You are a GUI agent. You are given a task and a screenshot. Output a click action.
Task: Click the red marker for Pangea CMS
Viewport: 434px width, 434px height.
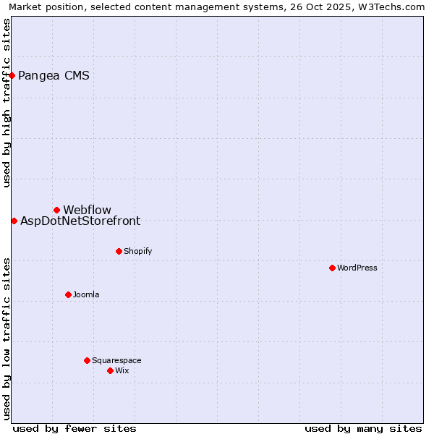(12, 75)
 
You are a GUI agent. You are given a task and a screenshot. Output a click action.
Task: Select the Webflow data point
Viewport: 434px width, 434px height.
(56, 210)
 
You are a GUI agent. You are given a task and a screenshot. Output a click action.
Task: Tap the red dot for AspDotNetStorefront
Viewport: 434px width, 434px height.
(14, 221)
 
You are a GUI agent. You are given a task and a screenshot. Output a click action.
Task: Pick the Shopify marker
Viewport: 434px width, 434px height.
(119, 251)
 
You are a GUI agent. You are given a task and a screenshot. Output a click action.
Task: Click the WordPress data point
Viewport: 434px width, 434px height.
(332, 268)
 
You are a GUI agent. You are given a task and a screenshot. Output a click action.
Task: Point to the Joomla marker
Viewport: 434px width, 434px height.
(68, 294)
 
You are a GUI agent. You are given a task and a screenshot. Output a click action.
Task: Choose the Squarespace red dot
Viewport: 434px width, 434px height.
(87, 360)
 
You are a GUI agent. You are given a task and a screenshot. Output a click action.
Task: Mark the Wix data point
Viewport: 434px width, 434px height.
(110, 370)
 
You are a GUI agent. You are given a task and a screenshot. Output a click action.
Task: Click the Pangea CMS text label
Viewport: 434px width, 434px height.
(54, 75)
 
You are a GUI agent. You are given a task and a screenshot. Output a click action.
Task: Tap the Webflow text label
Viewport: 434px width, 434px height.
(87, 210)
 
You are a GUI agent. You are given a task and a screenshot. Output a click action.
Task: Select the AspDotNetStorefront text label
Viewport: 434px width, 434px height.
(80, 221)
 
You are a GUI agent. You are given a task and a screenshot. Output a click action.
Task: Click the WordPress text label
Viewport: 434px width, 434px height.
(357, 268)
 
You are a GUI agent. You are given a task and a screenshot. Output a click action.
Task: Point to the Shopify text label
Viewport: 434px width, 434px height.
(137, 251)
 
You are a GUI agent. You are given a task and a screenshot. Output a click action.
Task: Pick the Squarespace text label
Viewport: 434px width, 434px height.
(116, 360)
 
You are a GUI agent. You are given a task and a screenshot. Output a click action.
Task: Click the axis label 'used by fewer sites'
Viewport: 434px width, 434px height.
(75, 428)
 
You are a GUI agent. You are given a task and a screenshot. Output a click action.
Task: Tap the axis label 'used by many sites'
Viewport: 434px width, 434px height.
(363, 428)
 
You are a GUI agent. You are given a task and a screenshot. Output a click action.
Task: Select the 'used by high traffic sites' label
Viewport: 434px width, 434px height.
(7, 103)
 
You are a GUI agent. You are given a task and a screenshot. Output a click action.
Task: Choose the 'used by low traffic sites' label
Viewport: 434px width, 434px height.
(7, 339)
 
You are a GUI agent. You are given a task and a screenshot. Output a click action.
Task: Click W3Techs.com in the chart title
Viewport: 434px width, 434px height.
(391, 7)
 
